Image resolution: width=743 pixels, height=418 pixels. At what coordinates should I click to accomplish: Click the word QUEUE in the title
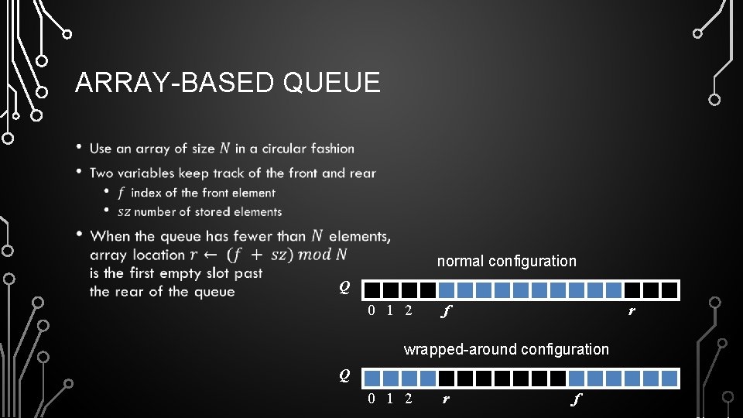332,82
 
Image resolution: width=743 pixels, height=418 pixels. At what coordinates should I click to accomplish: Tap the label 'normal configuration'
506,261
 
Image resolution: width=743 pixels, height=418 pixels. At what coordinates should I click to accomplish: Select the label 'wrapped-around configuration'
506,349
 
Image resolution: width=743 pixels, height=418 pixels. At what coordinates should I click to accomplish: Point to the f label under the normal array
444,312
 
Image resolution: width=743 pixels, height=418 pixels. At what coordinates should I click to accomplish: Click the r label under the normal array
632,312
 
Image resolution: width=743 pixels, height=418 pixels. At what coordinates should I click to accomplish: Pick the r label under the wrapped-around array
445,400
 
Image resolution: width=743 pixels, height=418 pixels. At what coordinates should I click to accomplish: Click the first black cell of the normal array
372,290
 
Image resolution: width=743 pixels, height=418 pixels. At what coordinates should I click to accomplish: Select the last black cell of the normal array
670,290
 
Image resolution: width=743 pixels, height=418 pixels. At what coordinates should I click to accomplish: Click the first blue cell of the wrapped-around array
372,379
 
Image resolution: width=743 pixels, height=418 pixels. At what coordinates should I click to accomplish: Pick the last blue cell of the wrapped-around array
670,379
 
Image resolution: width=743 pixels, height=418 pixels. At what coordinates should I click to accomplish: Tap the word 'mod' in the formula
316,255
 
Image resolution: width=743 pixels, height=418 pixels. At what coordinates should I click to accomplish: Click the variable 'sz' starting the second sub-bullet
123,211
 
